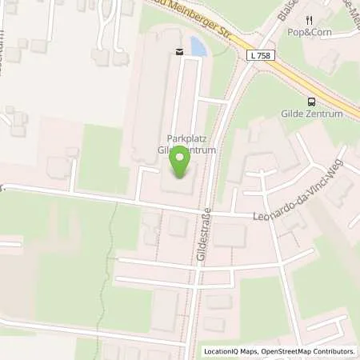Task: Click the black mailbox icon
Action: coord(178,52)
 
